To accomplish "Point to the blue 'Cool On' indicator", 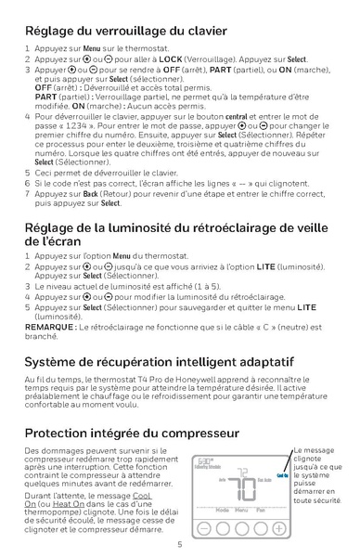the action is (x=282, y=476).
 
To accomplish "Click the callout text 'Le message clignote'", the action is (x=315, y=454).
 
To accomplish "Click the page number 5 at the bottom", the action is (x=179, y=545).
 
